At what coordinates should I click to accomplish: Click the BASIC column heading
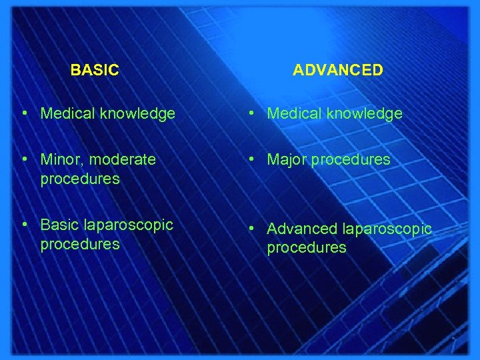(x=95, y=70)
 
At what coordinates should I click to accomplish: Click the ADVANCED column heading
(x=338, y=70)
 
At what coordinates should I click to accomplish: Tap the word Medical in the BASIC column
(x=67, y=114)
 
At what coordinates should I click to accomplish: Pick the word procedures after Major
(x=351, y=160)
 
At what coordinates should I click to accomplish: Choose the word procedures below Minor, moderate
(x=80, y=179)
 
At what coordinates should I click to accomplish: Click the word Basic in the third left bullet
(x=58, y=225)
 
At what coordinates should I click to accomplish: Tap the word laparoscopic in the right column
(x=387, y=229)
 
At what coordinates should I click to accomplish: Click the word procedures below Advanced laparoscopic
(x=307, y=248)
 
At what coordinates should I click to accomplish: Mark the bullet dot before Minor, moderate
(x=23, y=160)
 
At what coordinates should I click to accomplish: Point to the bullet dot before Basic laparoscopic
(x=23, y=225)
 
